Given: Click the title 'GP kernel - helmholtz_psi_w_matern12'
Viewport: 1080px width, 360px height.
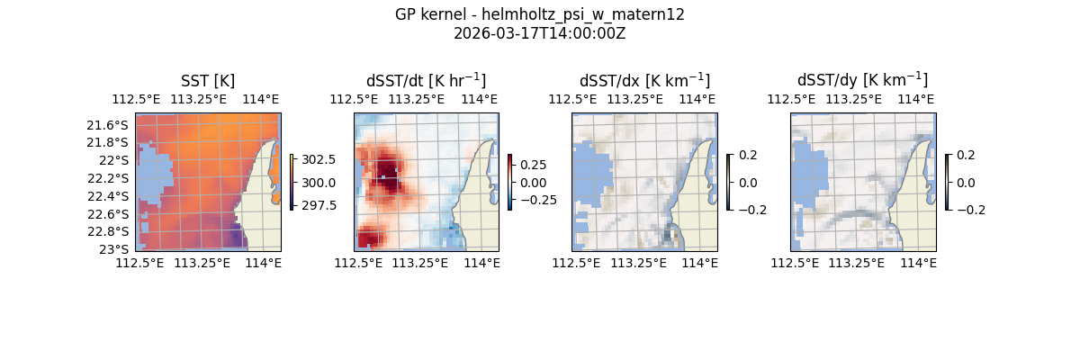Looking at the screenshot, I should (x=540, y=14).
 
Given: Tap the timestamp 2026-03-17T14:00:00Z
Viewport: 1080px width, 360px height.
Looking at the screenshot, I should (x=540, y=33).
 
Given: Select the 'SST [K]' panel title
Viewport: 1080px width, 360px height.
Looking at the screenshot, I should (x=208, y=81).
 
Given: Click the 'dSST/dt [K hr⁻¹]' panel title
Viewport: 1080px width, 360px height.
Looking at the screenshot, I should (x=426, y=80).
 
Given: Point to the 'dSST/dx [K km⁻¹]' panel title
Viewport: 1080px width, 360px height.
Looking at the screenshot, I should (x=644, y=80).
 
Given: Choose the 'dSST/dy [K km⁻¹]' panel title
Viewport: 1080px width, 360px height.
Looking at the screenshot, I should (x=862, y=80).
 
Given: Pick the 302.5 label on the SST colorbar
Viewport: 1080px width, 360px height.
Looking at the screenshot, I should (x=319, y=159).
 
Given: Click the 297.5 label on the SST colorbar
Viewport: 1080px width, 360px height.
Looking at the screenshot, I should (x=319, y=205).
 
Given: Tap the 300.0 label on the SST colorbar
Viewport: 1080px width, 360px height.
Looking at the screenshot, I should (x=319, y=183).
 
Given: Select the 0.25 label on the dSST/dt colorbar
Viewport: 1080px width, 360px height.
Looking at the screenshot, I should (x=533, y=166).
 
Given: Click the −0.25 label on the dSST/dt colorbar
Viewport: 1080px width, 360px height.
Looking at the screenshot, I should (x=536, y=200).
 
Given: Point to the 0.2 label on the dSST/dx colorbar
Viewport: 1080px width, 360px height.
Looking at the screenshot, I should (x=748, y=155).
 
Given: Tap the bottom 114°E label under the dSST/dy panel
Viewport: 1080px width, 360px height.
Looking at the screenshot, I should (x=918, y=263).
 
